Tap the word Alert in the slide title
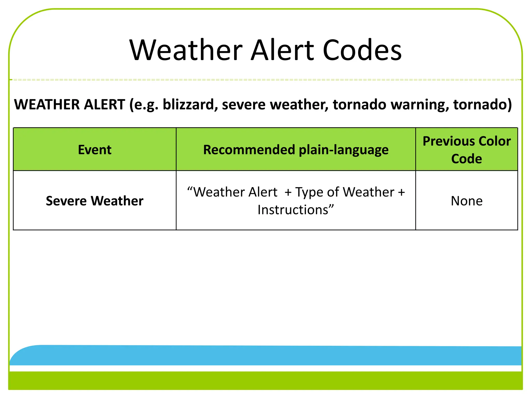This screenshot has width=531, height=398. (x=282, y=50)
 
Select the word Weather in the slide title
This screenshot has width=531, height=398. (x=186, y=50)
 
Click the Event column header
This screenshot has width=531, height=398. (x=95, y=150)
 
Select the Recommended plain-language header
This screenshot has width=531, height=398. (x=296, y=150)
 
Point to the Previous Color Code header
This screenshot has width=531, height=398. (x=466, y=150)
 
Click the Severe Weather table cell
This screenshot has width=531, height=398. (x=95, y=201)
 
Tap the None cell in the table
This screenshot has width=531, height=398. (x=466, y=201)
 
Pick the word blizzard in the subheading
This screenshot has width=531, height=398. (x=190, y=105)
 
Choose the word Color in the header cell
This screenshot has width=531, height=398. (x=494, y=141)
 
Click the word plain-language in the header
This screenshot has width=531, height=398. (x=344, y=150)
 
